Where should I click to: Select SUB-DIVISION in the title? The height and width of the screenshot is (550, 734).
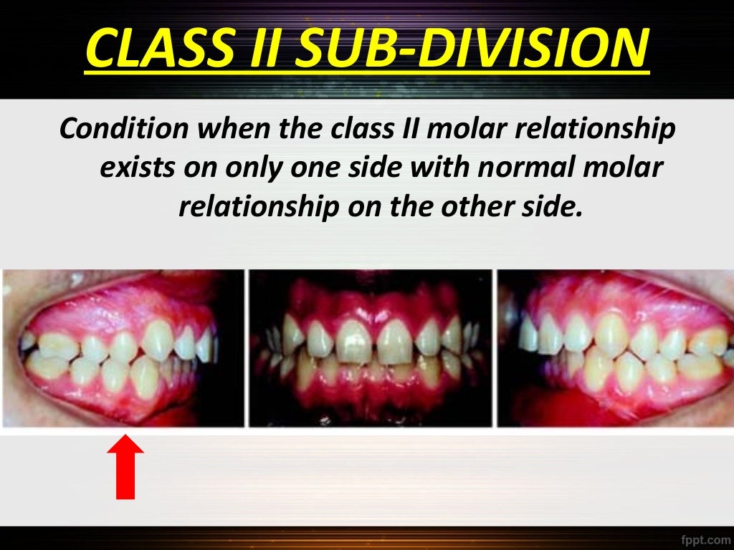470,48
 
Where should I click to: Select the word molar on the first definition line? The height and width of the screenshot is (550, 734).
484,130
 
